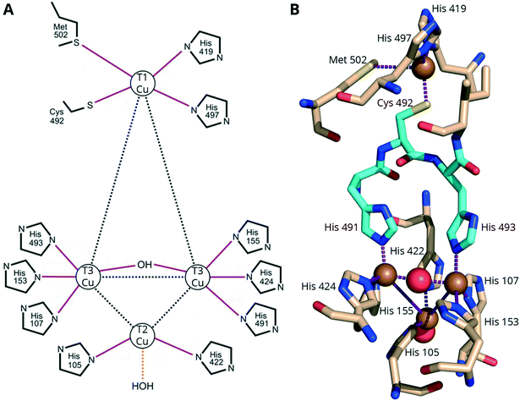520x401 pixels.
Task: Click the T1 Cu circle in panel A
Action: coord(144,83)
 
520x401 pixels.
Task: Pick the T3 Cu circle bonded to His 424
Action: coord(198,277)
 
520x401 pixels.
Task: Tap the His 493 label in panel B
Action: coord(496,228)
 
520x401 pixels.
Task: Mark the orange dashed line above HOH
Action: coord(144,365)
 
